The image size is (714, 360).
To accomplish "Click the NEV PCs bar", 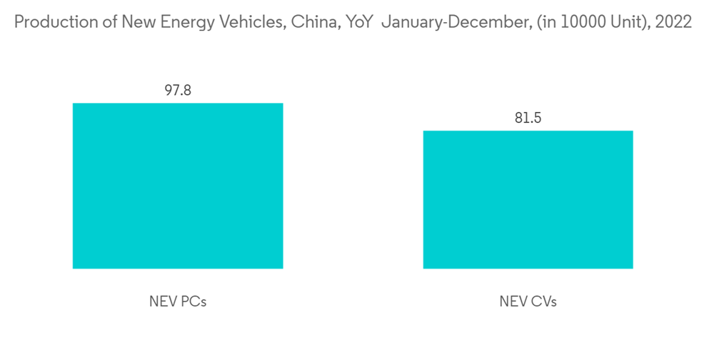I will coord(178,186).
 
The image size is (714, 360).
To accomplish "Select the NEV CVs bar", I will coord(528,199).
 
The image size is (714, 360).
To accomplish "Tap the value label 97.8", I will coord(178,91).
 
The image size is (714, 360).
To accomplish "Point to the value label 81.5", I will coord(528,118).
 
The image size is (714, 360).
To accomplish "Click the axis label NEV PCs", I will coord(178,301).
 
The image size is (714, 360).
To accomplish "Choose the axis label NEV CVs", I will coord(528,301).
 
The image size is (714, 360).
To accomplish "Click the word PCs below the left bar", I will coord(193,301).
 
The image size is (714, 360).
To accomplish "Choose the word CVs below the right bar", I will coord(543,301).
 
